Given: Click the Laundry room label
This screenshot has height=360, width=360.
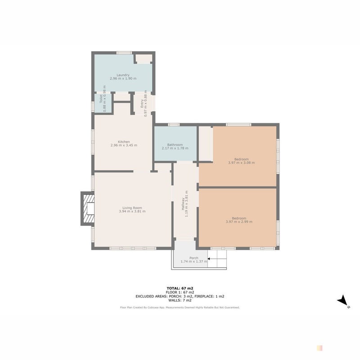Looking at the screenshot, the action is pos(123,75).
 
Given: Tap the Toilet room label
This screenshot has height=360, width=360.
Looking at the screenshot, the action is pos(101,99).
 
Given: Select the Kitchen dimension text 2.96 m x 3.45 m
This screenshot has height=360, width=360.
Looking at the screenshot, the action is pos(124,145).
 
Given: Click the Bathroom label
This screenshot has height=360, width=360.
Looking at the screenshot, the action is pos(175,144).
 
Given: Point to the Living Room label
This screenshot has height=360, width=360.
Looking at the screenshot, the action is pos(132,208).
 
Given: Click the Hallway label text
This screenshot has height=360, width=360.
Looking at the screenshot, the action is pos(183,204).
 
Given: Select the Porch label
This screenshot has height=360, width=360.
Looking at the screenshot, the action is pos(194,258).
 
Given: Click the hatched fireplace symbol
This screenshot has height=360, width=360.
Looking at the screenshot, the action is pos(89,209).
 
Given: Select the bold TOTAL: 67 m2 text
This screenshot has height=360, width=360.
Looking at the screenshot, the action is pos(180,288).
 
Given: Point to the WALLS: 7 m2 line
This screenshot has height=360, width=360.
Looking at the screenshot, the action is pos(180,300).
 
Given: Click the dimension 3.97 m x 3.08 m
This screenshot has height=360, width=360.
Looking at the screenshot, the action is pos(241,162).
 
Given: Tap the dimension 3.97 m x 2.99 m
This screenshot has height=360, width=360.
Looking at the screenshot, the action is pos(239,221).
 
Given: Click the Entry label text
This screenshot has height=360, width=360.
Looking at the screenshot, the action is pos(142,103).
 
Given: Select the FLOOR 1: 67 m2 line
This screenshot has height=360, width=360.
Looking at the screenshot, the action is pos(180,292).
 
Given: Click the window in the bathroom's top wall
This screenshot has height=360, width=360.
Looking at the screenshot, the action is pos(174,125).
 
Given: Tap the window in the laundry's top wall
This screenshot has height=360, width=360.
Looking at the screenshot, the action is pos(124,53).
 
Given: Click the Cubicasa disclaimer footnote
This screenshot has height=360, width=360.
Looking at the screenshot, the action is pos(180,307).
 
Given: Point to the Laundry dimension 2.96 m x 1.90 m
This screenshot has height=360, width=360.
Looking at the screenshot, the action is pos(123,78).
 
